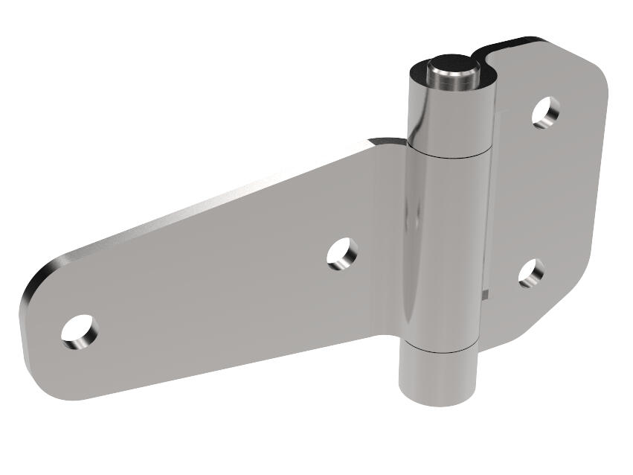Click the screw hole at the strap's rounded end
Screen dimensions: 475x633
(79, 332)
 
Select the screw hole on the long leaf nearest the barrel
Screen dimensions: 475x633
(342, 253)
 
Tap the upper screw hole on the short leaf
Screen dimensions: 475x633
(547, 112)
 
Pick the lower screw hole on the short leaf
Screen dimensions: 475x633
(531, 273)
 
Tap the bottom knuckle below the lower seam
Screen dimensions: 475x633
(437, 376)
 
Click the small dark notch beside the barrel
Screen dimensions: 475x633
(485, 293)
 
